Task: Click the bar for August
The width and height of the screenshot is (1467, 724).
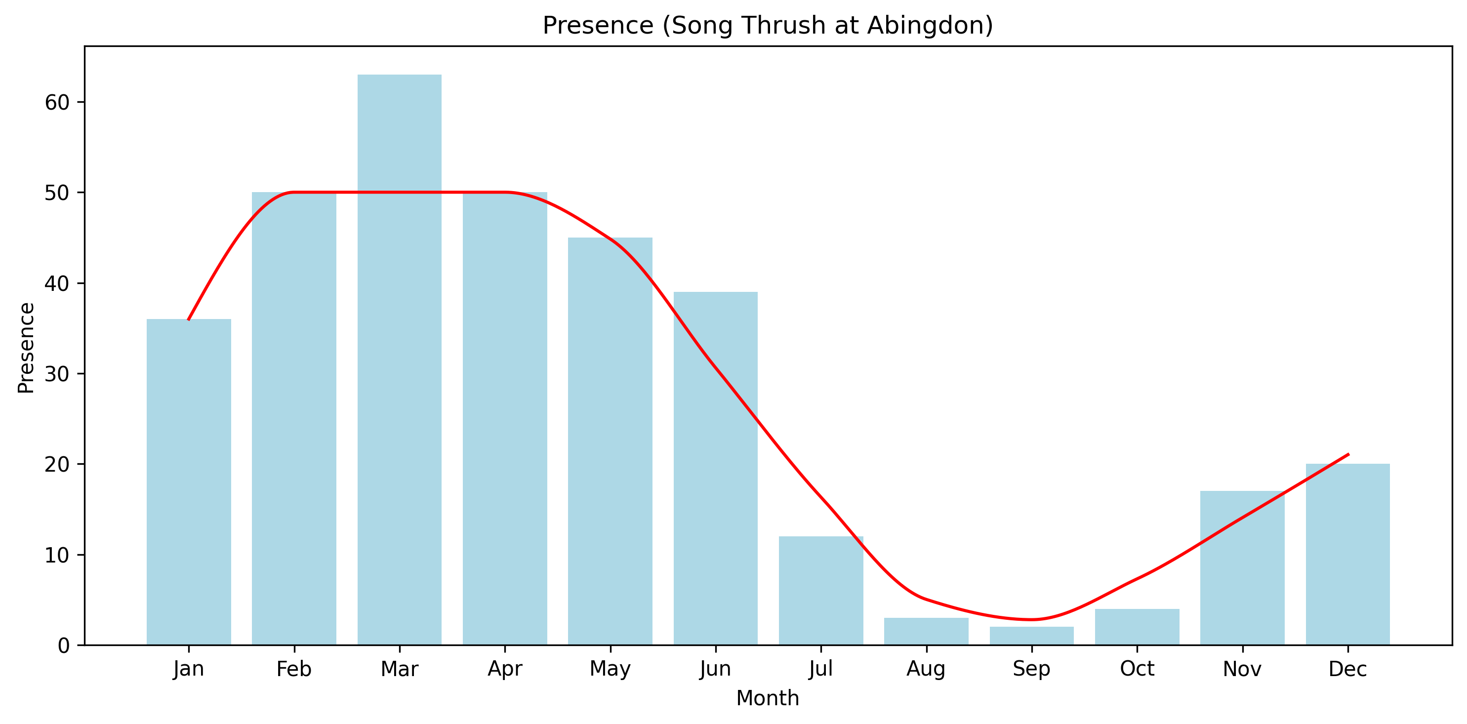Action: click(x=926, y=631)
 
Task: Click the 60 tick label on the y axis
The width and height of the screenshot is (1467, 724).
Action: click(x=57, y=102)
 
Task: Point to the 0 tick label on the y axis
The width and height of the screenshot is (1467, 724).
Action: click(x=64, y=646)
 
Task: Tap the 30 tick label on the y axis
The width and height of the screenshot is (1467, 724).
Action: click(x=57, y=374)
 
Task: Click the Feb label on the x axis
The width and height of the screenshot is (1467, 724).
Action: click(x=294, y=669)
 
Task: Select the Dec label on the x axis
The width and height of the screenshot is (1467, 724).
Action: click(x=1347, y=669)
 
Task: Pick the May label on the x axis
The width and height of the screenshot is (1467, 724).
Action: click(x=610, y=669)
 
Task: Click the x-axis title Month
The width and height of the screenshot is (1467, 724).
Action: click(x=767, y=698)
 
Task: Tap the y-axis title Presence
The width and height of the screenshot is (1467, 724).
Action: click(x=26, y=348)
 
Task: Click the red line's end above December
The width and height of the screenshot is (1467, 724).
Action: click(x=1348, y=454)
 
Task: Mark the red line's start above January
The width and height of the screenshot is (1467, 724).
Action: click(x=189, y=320)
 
